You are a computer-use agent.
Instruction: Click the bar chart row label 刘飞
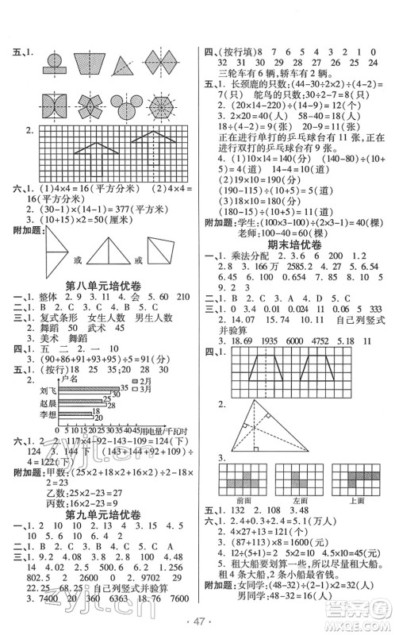[x=44, y=390]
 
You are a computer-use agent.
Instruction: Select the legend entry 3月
[x=146, y=388]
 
